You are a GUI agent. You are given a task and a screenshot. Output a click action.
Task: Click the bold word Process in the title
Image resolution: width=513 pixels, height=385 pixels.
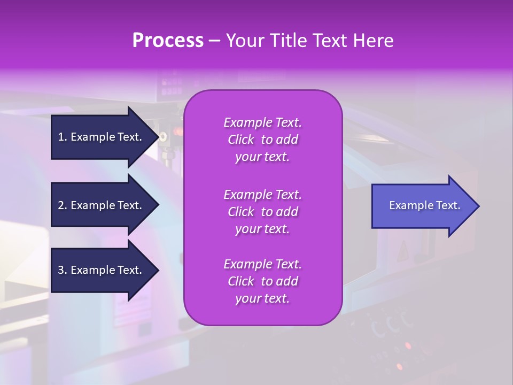click(168, 41)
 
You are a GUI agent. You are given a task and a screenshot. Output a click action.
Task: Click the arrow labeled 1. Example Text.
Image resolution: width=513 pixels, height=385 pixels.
click(102, 137)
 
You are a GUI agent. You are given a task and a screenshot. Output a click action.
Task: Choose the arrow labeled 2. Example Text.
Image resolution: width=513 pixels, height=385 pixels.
click(102, 205)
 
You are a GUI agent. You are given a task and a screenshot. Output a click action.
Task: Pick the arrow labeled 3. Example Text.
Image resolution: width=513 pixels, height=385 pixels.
click(102, 270)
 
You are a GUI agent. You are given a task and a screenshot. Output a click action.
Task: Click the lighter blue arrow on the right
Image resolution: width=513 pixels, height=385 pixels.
click(422, 206)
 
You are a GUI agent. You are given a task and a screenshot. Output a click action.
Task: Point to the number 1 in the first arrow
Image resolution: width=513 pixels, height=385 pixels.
click(61, 137)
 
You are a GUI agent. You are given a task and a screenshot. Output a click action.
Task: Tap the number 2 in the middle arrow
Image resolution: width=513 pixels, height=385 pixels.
click(61, 205)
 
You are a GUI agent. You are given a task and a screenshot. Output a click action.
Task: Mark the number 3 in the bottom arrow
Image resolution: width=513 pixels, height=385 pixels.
click(61, 270)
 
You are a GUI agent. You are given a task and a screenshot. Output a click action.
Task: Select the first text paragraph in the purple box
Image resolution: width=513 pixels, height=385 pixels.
click(262, 140)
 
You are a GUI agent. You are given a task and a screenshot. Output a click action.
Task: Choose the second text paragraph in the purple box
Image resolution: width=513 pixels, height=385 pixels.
click(262, 212)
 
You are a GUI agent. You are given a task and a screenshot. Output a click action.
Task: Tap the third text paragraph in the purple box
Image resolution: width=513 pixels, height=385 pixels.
click(262, 281)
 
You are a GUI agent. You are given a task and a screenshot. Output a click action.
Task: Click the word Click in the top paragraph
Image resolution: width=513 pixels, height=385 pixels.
click(241, 140)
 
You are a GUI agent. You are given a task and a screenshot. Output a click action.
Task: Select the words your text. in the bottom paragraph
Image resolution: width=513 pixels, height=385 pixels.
click(262, 298)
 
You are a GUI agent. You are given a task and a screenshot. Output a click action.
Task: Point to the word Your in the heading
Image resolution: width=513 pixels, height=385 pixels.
click(244, 41)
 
